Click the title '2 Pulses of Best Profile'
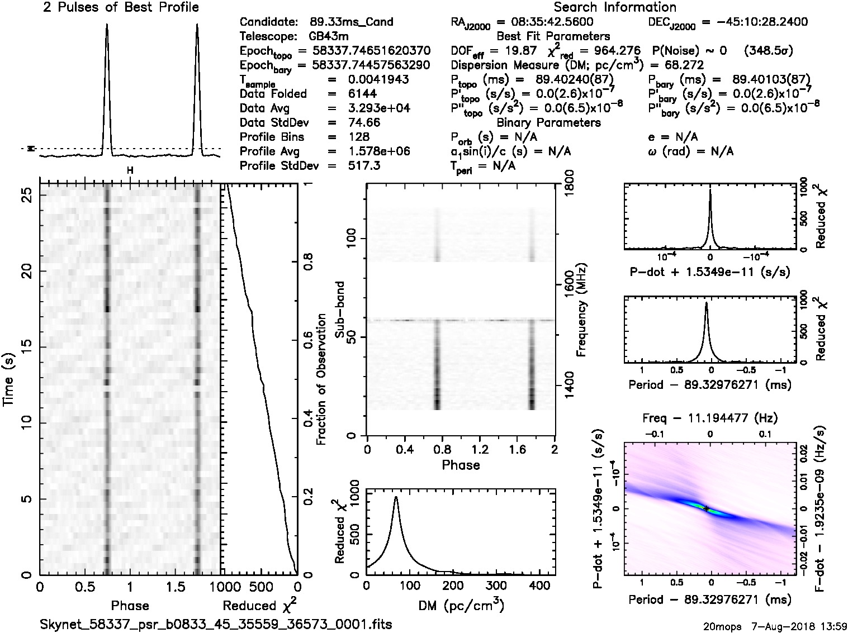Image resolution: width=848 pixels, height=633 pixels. coord(120,7)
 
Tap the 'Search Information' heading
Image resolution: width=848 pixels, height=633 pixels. coord(614,7)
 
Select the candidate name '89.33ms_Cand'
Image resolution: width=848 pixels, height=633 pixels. coord(351,22)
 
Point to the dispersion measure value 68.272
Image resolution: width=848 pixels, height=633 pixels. coord(685,65)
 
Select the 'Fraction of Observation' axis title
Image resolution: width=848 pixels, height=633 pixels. coord(321,379)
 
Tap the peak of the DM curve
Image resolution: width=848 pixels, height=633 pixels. coord(396,497)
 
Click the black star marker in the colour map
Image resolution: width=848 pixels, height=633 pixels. coord(707,508)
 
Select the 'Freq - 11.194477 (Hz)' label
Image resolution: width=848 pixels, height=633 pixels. coord(710,418)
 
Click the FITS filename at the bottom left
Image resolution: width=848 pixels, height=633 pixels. coord(216,624)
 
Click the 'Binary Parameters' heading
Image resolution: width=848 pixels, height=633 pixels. coord(548,123)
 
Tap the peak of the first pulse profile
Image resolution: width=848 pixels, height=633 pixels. coord(107,25)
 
